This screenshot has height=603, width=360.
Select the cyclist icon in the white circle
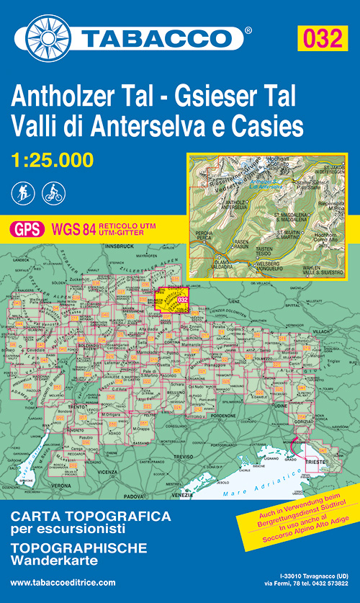point(53,192)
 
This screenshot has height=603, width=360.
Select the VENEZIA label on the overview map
point(183,495)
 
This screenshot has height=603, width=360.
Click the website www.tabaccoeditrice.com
point(64,582)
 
